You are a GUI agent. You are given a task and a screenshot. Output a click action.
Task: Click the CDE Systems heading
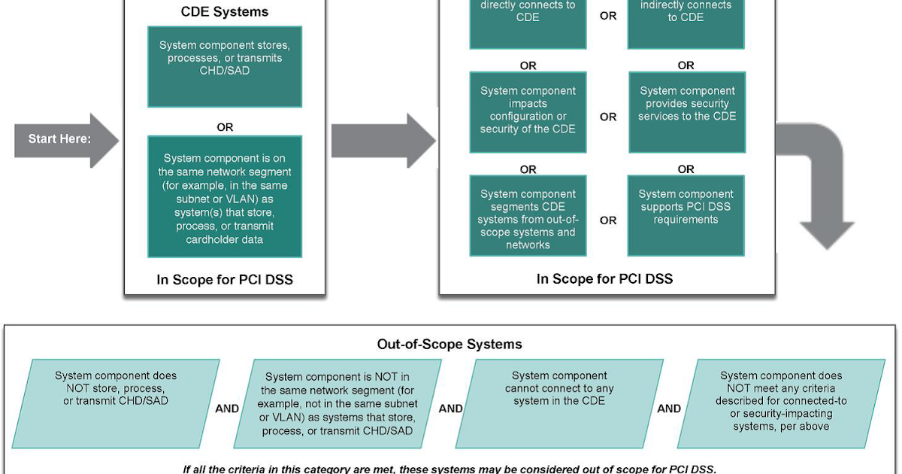(x=225, y=12)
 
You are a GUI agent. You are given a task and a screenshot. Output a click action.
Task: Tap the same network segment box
(x=225, y=197)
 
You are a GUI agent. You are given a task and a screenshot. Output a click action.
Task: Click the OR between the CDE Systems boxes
(x=225, y=127)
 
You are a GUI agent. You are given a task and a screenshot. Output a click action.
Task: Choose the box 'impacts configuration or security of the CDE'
(x=528, y=111)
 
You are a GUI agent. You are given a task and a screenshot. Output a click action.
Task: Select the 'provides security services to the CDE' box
(x=687, y=111)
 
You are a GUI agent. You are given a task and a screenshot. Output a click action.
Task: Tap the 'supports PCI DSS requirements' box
(x=686, y=214)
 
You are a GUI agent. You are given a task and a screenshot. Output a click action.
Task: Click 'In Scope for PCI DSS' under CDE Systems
(x=225, y=280)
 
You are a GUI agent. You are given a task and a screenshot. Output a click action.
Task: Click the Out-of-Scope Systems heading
(x=449, y=345)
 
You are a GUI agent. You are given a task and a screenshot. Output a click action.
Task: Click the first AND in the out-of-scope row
(x=227, y=409)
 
